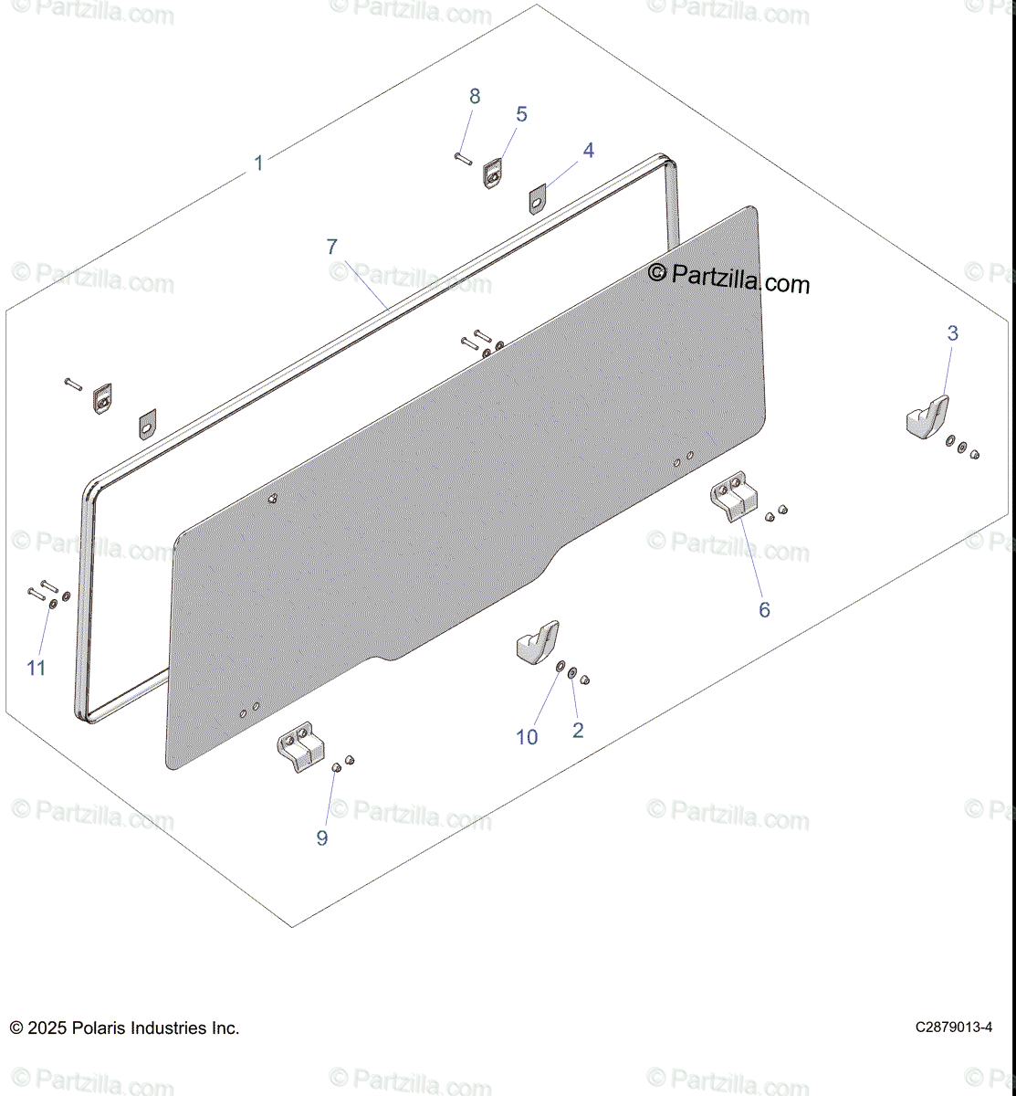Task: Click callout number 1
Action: click(x=258, y=163)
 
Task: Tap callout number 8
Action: click(x=475, y=97)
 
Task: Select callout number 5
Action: click(x=521, y=115)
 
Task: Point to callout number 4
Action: click(x=589, y=151)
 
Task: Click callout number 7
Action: click(x=331, y=248)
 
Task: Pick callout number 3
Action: click(x=953, y=333)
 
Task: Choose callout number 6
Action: click(x=764, y=610)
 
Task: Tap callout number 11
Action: click(x=37, y=669)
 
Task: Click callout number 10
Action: click(x=527, y=737)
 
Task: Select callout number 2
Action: click(x=578, y=731)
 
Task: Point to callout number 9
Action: click(x=322, y=838)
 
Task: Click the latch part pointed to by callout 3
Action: click(x=927, y=416)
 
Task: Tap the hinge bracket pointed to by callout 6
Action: click(x=734, y=496)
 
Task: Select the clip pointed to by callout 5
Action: click(x=493, y=174)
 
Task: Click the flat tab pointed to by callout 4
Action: click(x=538, y=199)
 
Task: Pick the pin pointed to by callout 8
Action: click(x=464, y=159)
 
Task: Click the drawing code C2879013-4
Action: click(x=954, y=1027)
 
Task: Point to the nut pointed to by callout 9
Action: click(x=336, y=767)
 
